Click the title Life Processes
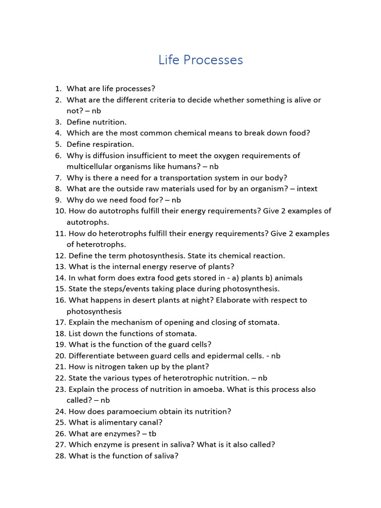[x=200, y=60]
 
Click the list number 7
[x=58, y=178]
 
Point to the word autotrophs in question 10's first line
[x=110, y=211]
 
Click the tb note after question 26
[x=152, y=434]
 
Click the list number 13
[x=61, y=266]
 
